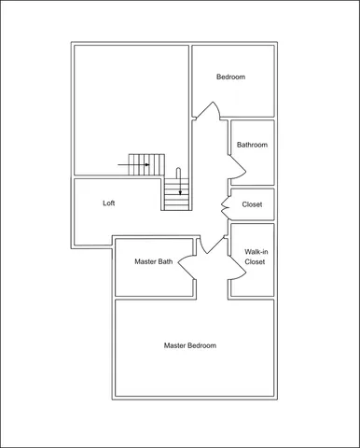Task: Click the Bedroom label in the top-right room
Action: [230, 77]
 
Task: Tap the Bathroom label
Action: [252, 145]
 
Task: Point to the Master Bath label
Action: [153, 262]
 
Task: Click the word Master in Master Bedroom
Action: [176, 345]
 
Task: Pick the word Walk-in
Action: [255, 252]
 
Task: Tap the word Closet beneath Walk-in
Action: [255, 263]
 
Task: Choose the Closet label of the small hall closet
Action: [252, 204]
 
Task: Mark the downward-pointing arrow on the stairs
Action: [179, 184]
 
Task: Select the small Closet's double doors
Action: [225, 203]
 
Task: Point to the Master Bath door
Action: [186, 266]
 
